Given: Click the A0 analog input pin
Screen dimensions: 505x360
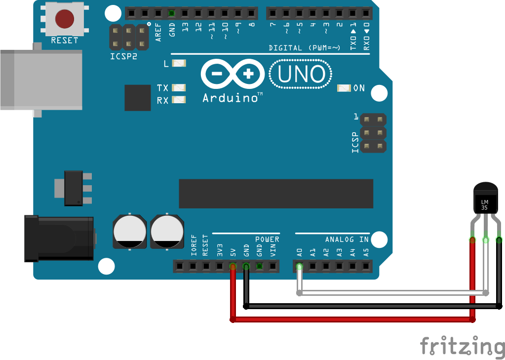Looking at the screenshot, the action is (x=299, y=267).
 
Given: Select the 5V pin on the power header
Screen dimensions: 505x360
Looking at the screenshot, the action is (x=233, y=267).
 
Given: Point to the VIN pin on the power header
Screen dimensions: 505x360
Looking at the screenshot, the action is (x=272, y=267).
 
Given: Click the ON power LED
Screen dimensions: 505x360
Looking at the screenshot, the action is (x=344, y=88).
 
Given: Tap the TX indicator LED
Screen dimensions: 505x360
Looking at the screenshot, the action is (x=179, y=88).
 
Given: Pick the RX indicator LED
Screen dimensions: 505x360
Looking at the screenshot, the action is (x=179, y=100).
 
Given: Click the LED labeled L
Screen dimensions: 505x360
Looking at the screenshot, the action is (x=179, y=63).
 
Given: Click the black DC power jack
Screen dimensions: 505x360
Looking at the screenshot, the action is (x=59, y=239).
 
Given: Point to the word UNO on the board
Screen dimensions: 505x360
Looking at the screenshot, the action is (x=301, y=75).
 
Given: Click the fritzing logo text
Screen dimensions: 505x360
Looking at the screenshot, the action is (x=462, y=345).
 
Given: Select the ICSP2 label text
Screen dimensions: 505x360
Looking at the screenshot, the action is (x=123, y=57).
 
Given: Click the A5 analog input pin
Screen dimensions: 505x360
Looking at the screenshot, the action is (x=366, y=267).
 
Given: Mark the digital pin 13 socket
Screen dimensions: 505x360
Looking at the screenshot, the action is (x=185, y=13).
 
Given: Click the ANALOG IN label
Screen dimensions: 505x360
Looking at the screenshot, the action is (x=347, y=240).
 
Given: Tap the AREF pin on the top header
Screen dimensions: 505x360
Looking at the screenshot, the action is (x=158, y=13).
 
